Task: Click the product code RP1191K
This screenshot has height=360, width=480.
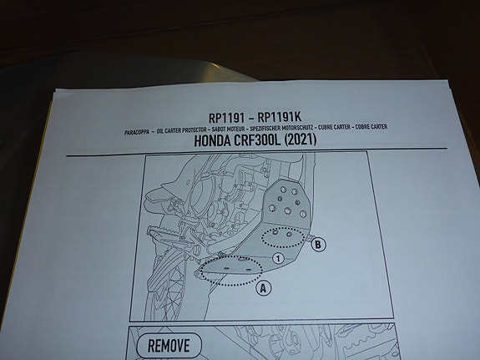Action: click(280, 117)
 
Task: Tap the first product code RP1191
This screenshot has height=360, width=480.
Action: click(226, 118)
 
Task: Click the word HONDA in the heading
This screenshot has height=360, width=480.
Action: click(212, 141)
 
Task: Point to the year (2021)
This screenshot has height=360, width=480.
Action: click(301, 139)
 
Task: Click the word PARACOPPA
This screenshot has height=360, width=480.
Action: click(137, 132)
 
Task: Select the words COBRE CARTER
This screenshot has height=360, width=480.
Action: click(371, 126)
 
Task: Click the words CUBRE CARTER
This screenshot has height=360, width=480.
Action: click(334, 127)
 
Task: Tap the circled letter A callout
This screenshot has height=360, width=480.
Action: click(263, 288)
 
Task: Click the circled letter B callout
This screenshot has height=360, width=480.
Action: click(318, 245)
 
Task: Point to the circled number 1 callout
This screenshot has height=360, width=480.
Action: click(278, 259)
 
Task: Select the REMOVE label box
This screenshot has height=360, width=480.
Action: click(169, 346)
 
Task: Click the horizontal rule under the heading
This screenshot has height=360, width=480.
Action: click(256, 152)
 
